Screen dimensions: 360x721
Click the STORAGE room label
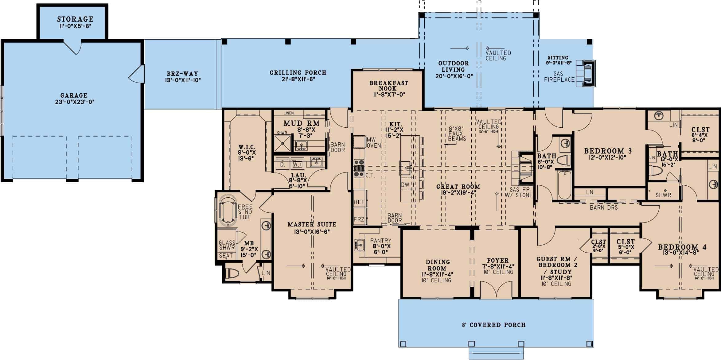coord(75,19)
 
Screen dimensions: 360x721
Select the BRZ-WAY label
coord(182,74)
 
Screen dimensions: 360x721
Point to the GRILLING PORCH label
coord(298,73)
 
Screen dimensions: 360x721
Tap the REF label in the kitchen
coord(359,202)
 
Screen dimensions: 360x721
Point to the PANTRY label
coord(381,241)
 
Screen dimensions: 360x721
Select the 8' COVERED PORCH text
coord(494,325)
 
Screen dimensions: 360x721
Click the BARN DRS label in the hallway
coord(603,207)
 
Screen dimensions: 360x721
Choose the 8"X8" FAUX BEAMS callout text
coord(457,134)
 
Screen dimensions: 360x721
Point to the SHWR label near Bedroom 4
coord(663,195)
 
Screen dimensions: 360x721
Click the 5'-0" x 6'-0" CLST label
coord(626,242)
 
